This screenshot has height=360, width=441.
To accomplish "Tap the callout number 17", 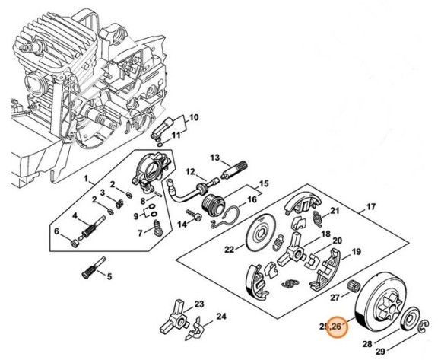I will click(372, 207).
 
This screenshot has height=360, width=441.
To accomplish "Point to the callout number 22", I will click(229, 249).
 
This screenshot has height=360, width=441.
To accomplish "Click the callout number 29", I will click(400, 352).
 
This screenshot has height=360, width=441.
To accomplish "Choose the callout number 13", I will click(215, 158).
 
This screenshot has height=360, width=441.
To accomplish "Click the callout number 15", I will click(264, 184).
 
